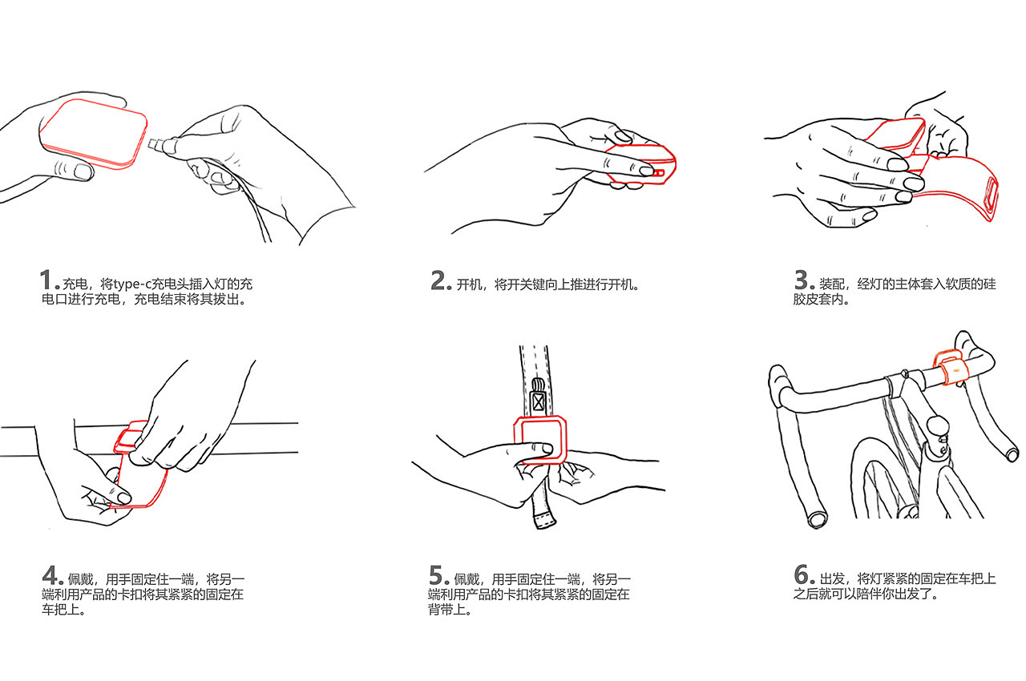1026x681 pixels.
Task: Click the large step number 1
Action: [46, 280]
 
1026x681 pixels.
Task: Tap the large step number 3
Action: [801, 280]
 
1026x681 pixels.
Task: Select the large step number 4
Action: [50, 575]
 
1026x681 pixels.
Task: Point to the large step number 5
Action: [436, 575]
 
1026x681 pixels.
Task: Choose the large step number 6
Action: [802, 574]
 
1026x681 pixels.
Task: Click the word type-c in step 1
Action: [132, 284]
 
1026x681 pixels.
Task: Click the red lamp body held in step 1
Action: [94, 133]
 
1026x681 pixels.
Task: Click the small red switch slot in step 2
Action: [657, 173]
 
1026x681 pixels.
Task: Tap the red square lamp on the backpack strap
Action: [540, 440]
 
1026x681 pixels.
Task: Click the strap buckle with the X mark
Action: [538, 401]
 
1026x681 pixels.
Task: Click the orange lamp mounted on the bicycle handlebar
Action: [949, 366]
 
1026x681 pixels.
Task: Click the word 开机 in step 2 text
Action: [469, 284]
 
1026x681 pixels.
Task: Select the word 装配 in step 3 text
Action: [832, 284]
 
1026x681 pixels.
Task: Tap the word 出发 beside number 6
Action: [832, 579]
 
